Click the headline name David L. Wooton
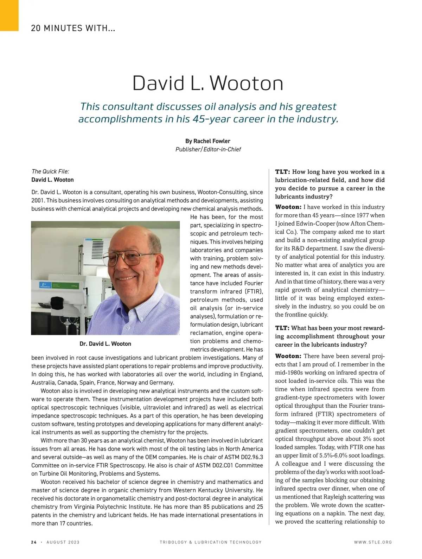(x=208, y=83)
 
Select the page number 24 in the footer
(x=34, y=542)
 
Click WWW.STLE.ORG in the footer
(x=373, y=542)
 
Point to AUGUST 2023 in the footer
(x=63, y=542)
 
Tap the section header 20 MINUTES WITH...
(x=73, y=28)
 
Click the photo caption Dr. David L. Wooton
(x=105, y=344)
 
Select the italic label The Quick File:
(x=50, y=171)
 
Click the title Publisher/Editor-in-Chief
(x=208, y=149)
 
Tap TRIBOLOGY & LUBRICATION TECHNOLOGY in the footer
(x=211, y=542)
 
